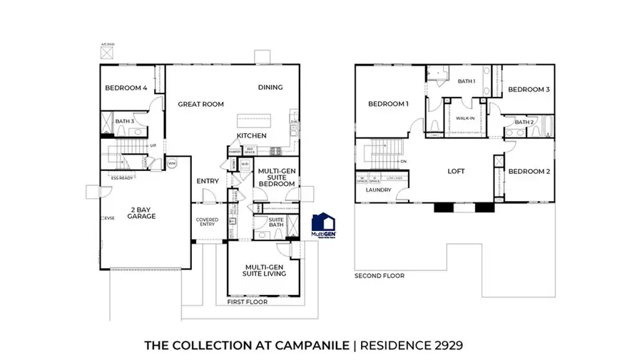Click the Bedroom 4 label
126,88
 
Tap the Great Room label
200,104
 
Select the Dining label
270,88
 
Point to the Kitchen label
252,135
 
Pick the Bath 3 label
124,121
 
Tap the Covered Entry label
208,222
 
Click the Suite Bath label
276,223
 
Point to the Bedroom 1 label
388,104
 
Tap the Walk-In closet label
466,118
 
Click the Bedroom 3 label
528,89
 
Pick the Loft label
457,171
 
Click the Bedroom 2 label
528,172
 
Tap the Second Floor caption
379,275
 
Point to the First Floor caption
248,302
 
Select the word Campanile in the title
310,346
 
